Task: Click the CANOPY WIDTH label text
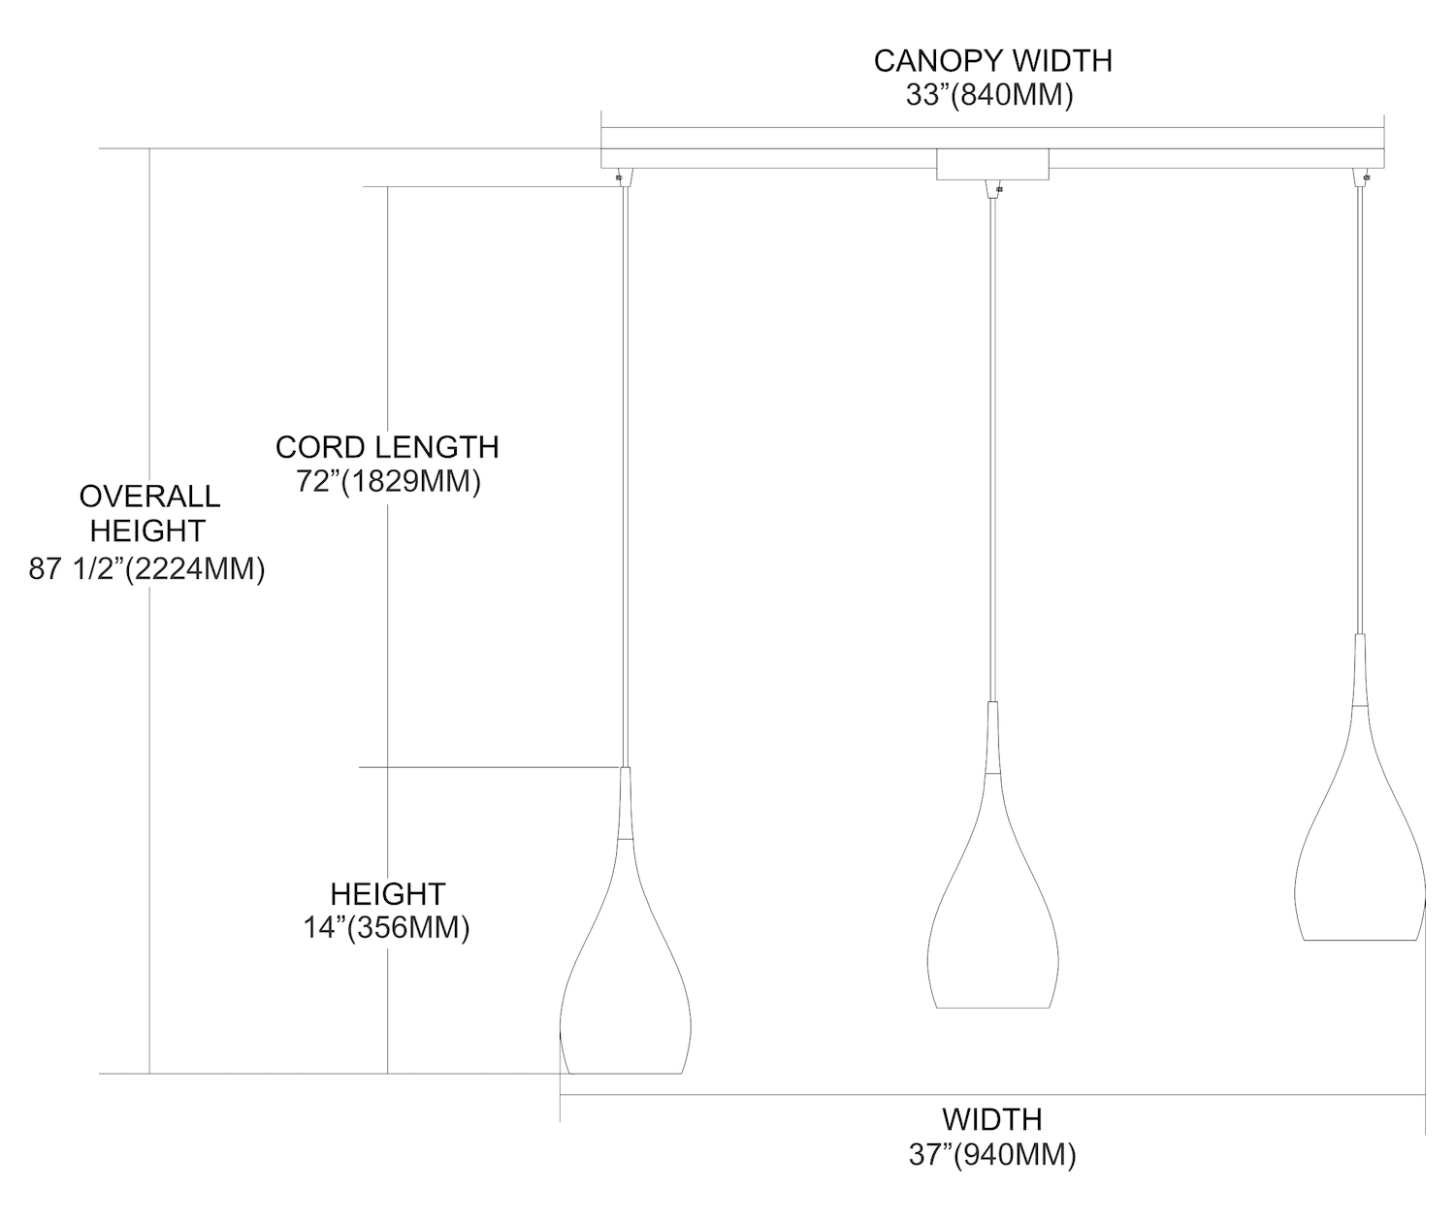point(992,60)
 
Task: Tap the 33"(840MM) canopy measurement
point(988,96)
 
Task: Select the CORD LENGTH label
point(387,447)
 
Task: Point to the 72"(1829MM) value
point(389,482)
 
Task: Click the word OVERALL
point(149,497)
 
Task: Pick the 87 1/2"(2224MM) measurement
point(147,569)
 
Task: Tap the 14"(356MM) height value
point(387,928)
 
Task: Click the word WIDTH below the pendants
point(991,1119)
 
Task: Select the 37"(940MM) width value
point(991,1154)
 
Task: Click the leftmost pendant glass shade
point(624,989)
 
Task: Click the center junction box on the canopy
point(992,164)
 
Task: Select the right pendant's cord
point(1359,407)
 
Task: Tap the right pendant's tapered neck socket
point(1359,670)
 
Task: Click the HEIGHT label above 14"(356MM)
point(387,893)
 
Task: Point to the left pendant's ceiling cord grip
point(622,177)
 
